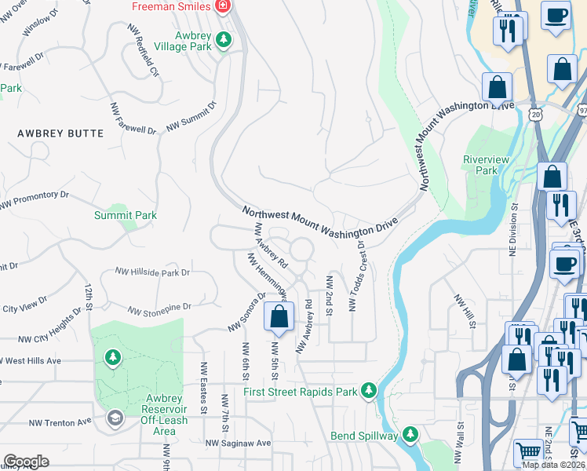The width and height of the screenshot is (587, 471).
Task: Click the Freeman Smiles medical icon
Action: tap(224, 6)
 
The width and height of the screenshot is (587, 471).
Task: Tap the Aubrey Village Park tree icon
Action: tap(224, 38)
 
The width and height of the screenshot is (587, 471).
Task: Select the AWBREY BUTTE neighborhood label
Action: tap(60, 133)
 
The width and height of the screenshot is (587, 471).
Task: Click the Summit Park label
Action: tap(126, 215)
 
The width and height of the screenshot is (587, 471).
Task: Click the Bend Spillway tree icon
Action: tap(410, 434)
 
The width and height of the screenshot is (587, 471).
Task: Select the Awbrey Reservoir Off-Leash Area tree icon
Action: tap(113, 358)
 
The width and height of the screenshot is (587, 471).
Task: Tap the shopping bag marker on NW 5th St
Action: tap(278, 317)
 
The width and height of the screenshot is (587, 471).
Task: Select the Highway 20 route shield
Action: tap(534, 115)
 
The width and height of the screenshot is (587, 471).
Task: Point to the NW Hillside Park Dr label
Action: tap(153, 272)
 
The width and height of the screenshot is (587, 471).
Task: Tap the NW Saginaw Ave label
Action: tap(238, 444)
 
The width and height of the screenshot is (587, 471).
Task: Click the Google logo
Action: tap(26, 462)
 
